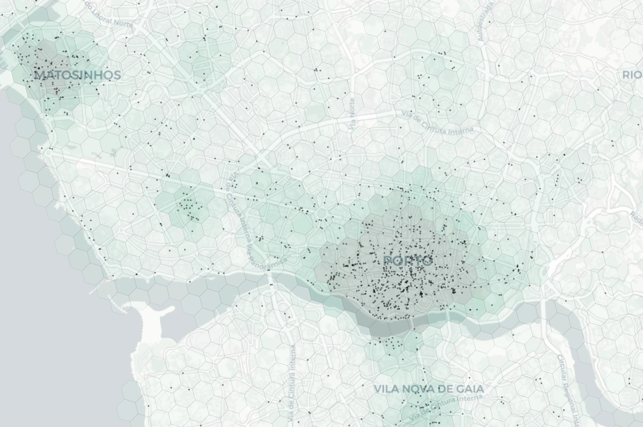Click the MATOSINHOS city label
point(78,75)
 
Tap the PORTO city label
point(408,261)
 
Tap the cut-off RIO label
point(632,75)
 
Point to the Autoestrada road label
point(487,20)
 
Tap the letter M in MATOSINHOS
point(40,75)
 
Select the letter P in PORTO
point(388,261)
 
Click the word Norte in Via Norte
point(352,107)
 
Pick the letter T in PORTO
point(415,261)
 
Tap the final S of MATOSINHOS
point(116,75)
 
